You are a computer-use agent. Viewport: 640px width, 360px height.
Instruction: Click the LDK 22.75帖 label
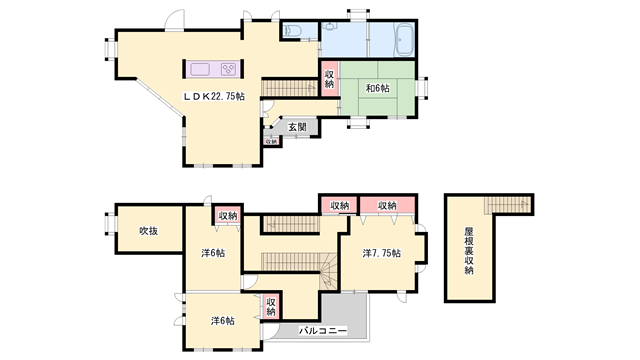(x=213, y=97)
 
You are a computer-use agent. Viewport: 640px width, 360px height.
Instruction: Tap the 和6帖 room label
(x=377, y=89)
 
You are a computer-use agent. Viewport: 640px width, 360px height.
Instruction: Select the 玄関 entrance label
(x=298, y=127)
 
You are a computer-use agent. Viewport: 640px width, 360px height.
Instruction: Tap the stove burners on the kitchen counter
(x=228, y=69)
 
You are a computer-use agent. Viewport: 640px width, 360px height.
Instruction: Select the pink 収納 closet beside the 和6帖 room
(x=330, y=77)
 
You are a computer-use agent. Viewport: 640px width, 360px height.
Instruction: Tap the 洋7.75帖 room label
(x=382, y=254)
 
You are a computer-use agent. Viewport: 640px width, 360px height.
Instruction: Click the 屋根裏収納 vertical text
(x=469, y=254)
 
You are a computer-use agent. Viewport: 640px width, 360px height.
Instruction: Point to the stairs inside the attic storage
(x=508, y=206)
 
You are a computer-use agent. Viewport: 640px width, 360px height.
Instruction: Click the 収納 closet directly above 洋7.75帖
(x=386, y=206)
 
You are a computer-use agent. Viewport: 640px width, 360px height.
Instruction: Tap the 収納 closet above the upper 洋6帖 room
(x=228, y=215)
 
